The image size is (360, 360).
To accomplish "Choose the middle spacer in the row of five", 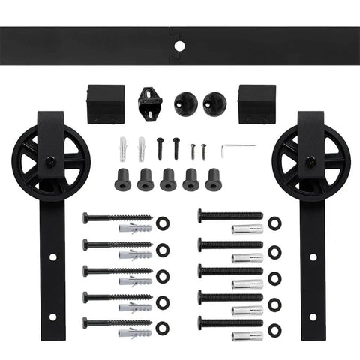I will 168,180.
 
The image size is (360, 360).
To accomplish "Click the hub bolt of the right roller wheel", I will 308,160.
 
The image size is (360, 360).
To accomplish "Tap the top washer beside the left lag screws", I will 163,223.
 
